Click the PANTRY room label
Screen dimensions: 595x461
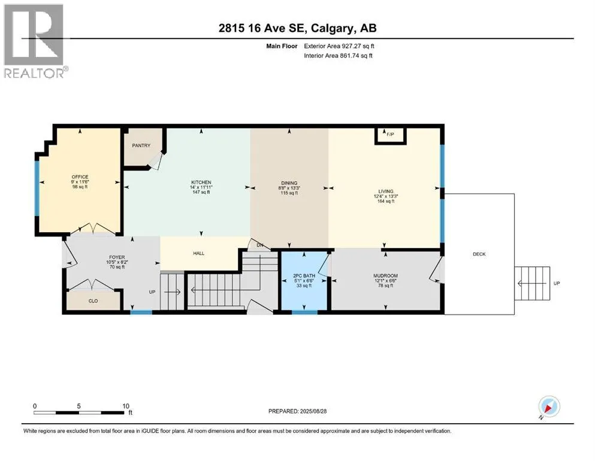click(x=141, y=145)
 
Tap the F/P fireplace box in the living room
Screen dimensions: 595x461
click(x=391, y=136)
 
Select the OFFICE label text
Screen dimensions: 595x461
click(x=80, y=176)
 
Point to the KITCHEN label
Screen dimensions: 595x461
click(x=201, y=182)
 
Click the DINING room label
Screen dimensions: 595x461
click(x=289, y=183)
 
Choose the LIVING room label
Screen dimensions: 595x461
click(x=386, y=191)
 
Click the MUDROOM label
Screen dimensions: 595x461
click(x=385, y=276)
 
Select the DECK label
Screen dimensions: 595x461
click(x=479, y=255)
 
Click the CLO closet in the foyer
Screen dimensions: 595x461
click(x=93, y=301)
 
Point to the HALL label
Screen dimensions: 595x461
click(x=199, y=253)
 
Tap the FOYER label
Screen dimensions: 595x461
click(x=117, y=258)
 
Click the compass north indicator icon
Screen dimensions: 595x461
click(x=549, y=407)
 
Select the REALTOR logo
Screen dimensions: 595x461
click(x=35, y=41)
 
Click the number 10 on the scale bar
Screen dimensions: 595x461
click(x=126, y=406)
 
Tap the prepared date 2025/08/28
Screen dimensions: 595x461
click(x=313, y=411)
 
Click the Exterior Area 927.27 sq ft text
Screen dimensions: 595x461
click(x=339, y=46)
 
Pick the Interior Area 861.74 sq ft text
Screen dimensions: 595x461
click(x=338, y=55)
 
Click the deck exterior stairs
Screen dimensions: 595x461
click(x=532, y=283)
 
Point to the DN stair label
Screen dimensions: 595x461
click(x=260, y=245)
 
